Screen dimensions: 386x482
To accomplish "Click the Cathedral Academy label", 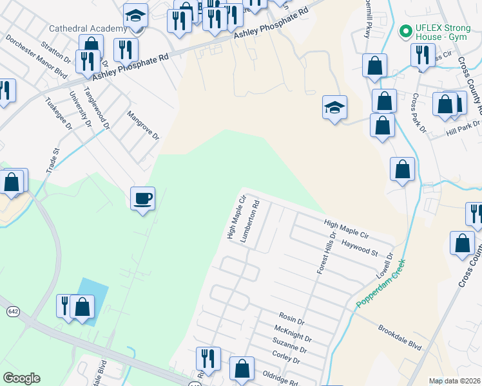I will (88, 28).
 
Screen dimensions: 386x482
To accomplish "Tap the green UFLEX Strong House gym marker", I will (405, 30).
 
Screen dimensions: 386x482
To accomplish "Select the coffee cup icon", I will (142, 198).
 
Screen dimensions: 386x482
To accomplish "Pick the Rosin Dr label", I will (291, 317).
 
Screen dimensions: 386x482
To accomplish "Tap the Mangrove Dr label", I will (142, 125).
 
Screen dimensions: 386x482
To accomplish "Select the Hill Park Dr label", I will (463, 133).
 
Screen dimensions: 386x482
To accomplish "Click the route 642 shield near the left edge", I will (13, 311).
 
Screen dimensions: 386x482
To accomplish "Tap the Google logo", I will (21, 378).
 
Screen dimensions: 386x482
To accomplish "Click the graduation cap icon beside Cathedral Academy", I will (135, 15).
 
